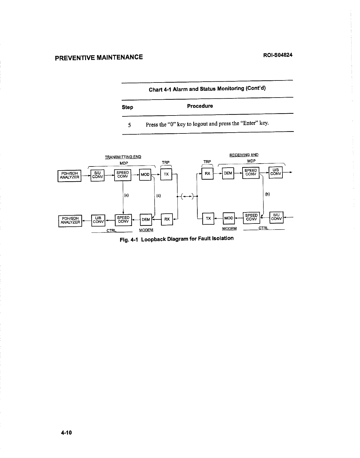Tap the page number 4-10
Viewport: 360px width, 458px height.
coord(66,433)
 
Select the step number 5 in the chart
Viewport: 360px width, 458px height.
coord(129,125)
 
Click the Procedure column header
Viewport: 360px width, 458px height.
coord(200,106)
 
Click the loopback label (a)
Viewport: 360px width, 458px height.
coord(126,195)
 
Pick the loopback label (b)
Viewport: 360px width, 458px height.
coord(267,194)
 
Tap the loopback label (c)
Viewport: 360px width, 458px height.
coord(158,195)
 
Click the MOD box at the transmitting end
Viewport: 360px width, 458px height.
coord(145,174)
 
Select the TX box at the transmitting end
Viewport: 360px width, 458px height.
coord(166,174)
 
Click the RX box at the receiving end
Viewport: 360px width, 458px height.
coord(207,173)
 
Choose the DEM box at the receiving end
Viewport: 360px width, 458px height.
coord(228,173)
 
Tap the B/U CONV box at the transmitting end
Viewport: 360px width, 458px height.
coord(97,175)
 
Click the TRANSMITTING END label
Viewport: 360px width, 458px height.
coord(123,157)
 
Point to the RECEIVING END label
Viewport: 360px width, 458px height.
coord(244,155)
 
